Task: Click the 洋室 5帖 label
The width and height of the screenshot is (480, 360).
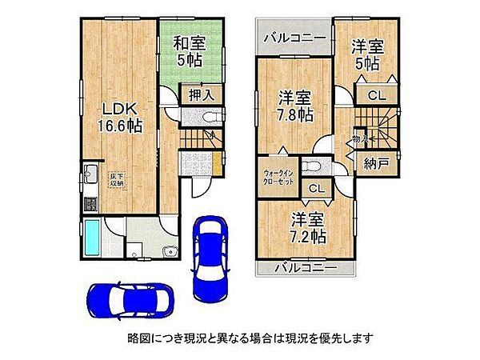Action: point(368,54)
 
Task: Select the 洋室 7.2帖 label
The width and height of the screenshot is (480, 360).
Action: point(307,226)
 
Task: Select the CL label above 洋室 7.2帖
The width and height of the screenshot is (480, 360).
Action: point(315,190)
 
